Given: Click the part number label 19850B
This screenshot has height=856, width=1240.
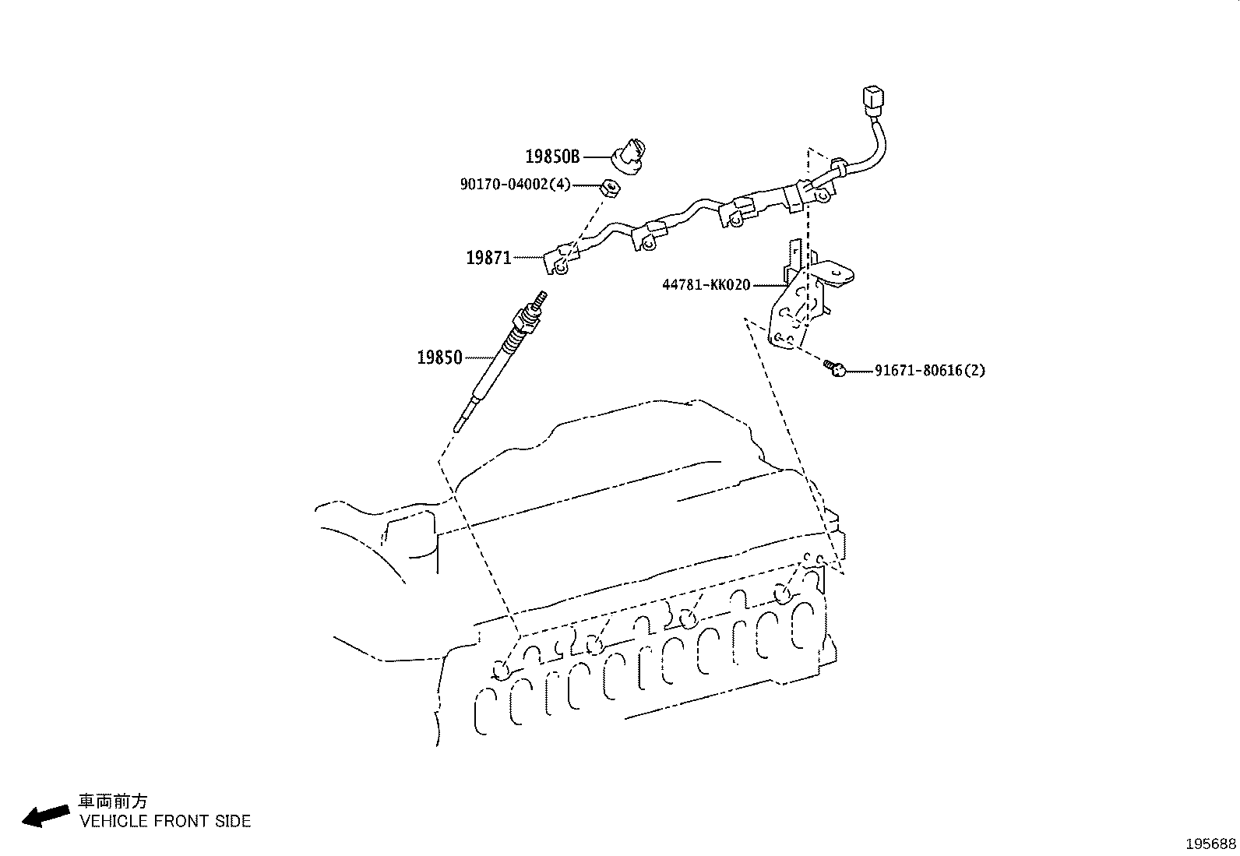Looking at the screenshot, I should pos(552,157).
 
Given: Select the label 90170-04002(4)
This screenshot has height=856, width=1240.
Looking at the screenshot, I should pos(515,185).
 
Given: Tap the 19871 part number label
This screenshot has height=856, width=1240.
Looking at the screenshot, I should pos(488,258).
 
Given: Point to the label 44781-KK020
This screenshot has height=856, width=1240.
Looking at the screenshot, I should pos(706,285).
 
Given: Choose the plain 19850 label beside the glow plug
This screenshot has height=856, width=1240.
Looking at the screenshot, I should pos(439,358).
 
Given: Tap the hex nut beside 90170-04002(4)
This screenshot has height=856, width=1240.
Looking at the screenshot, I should pos(610,188).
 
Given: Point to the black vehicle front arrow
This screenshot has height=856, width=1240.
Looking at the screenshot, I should pos(45,815).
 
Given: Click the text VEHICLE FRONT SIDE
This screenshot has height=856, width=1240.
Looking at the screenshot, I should pos(165,821).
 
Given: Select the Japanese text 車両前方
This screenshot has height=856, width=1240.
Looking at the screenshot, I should pos(112,801).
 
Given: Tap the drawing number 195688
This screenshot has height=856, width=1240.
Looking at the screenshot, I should pos(1211,844).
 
